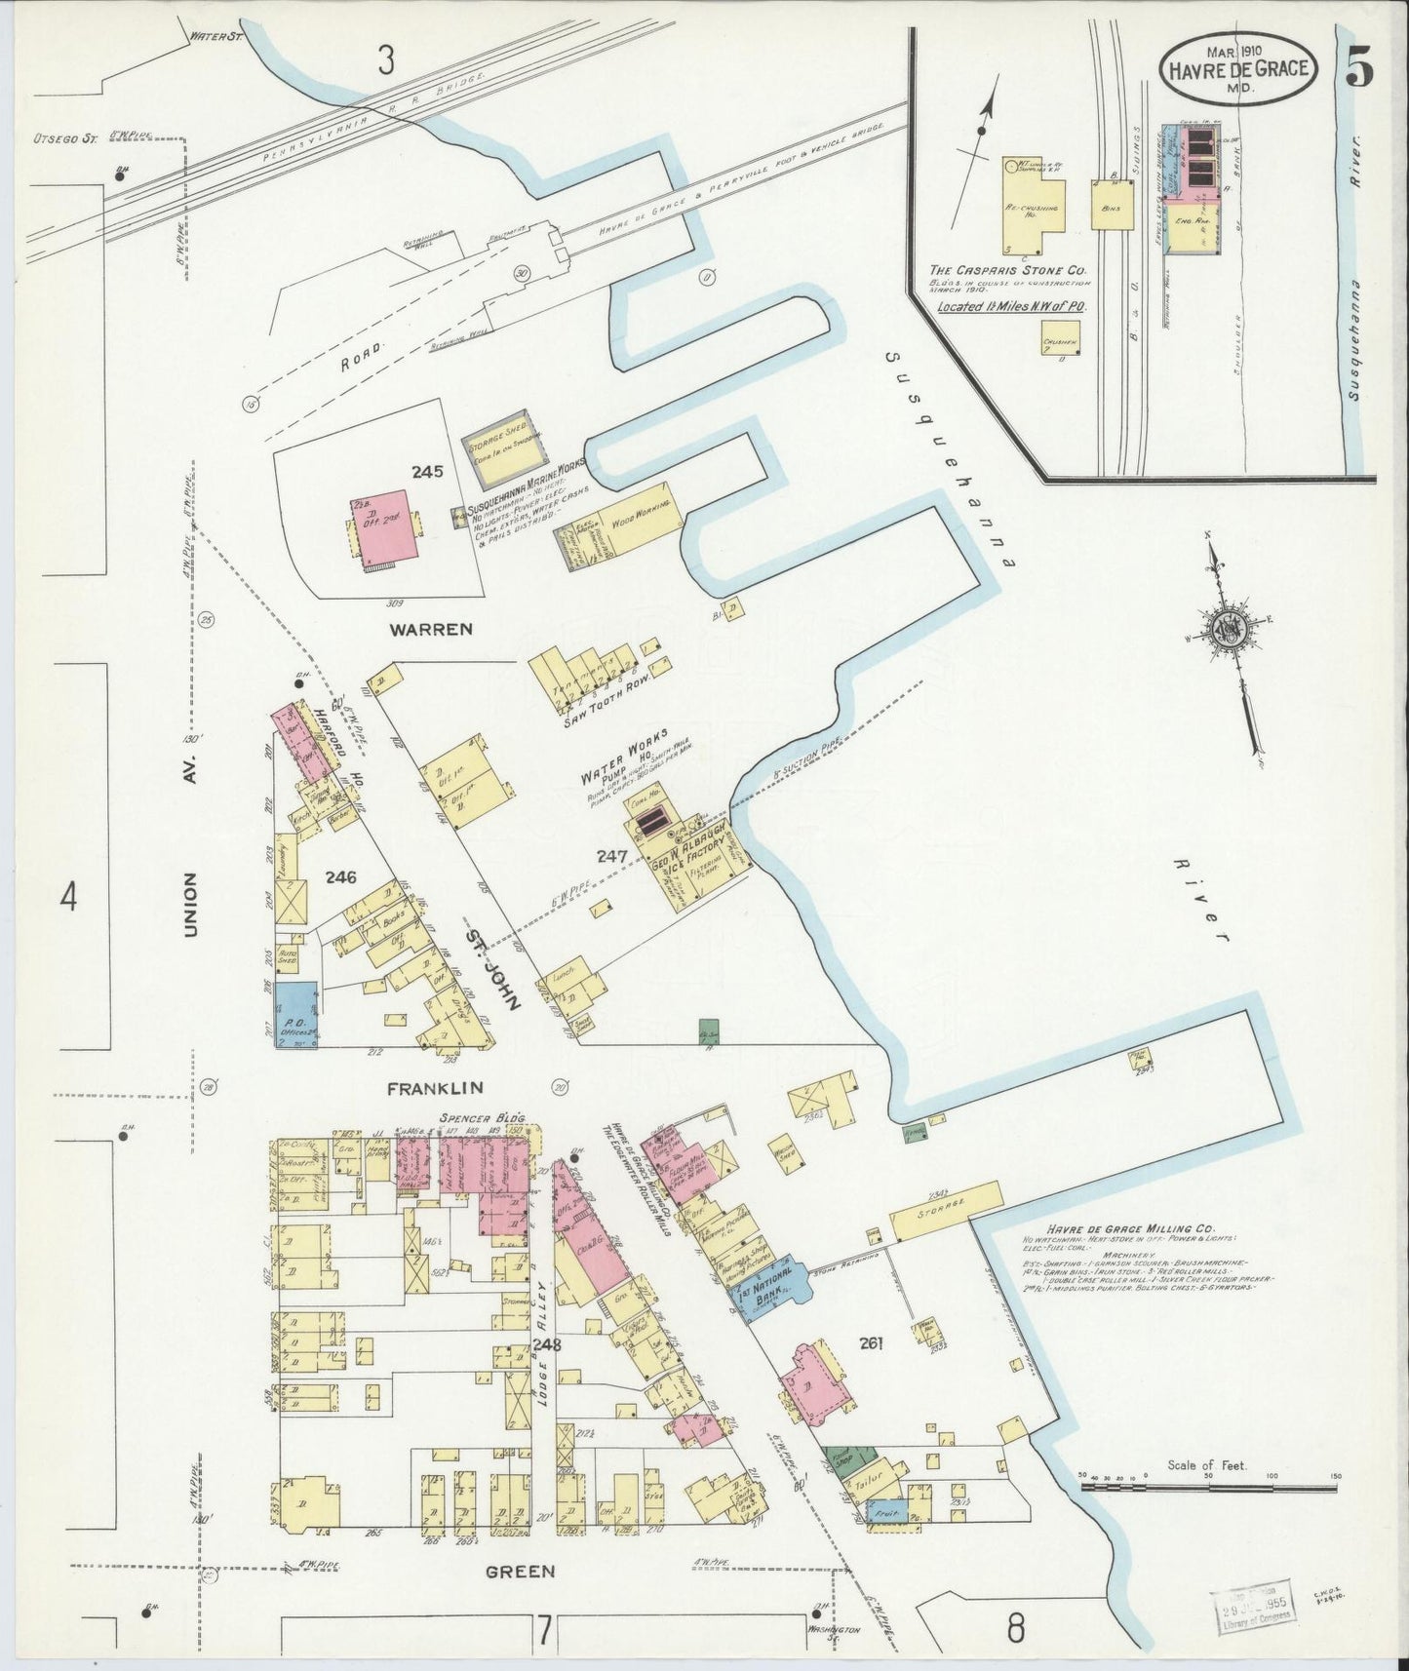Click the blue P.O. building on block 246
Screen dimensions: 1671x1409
296,1013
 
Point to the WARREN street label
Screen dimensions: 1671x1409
430,629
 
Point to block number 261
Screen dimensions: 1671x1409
871,1343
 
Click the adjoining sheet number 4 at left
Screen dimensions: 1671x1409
67,897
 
